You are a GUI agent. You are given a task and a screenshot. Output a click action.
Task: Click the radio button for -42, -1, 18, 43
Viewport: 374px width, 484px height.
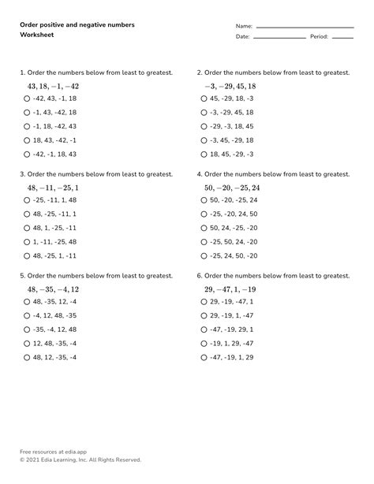tap(28, 155)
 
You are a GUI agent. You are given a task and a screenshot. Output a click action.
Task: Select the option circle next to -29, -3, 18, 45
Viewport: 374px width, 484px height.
tap(204, 126)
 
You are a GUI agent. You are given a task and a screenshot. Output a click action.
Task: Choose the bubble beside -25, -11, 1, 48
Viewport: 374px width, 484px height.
tap(28, 199)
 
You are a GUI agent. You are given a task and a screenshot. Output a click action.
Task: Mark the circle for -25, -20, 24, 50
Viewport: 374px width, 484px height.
tap(204, 214)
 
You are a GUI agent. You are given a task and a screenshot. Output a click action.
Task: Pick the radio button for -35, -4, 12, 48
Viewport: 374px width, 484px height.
tap(28, 329)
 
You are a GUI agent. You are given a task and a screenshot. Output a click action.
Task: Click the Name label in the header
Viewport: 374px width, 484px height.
tap(244, 26)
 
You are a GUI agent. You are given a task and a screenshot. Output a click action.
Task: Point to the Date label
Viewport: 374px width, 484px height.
tap(242, 37)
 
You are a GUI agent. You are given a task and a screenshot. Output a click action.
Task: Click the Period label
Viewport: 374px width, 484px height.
tap(319, 37)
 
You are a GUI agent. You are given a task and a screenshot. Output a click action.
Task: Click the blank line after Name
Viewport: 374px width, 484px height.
tap(305, 28)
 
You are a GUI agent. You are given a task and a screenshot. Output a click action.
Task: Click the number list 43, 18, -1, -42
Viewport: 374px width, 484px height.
tap(53, 86)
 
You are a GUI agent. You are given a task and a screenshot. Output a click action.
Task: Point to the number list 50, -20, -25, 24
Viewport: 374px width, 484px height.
tap(231, 188)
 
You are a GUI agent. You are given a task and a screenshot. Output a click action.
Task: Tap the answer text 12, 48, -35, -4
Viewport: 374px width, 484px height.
tap(55, 344)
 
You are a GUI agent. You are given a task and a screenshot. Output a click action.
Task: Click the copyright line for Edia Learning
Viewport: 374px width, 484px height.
tap(80, 460)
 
